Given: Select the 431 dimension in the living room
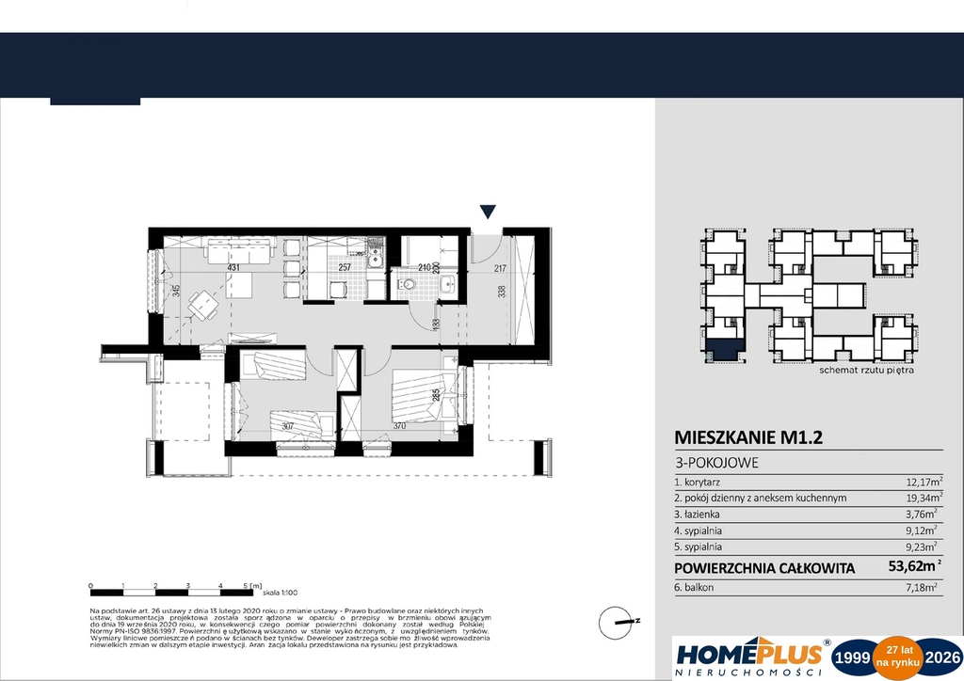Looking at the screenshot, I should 233,268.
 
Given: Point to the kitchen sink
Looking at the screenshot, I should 374,252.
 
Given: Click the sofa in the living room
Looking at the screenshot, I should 239,251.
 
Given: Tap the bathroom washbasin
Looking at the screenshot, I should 447,283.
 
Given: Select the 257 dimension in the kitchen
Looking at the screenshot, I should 344,268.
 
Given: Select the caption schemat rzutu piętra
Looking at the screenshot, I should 866,371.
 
